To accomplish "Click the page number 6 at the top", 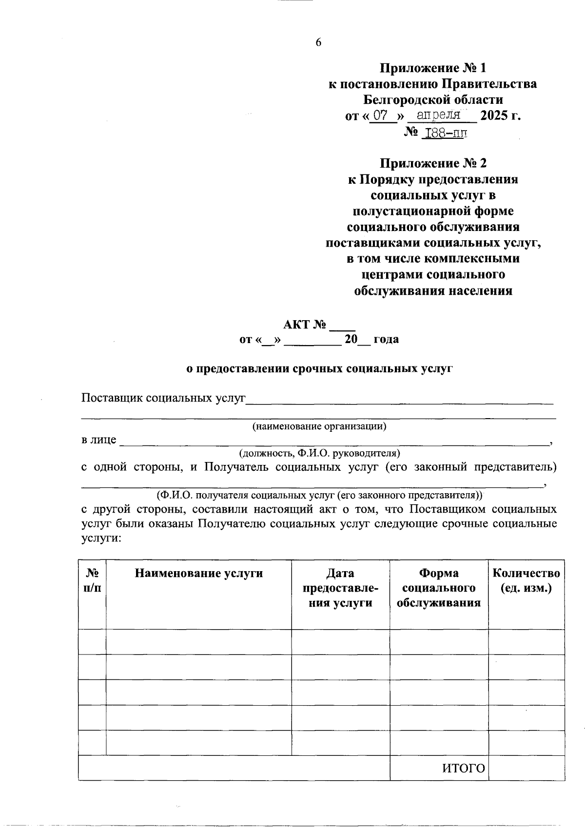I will pyautogui.click(x=318, y=42).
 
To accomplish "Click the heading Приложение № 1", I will pyautogui.click(x=433, y=68).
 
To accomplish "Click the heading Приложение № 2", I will pyautogui.click(x=433, y=163).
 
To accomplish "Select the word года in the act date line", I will pyautogui.click(x=386, y=339).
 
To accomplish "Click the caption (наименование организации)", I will pyautogui.click(x=319, y=426).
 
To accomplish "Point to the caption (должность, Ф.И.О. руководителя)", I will pyautogui.click(x=319, y=453).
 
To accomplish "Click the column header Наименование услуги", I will pyautogui.click(x=198, y=574).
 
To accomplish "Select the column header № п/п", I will pyautogui.click(x=92, y=580).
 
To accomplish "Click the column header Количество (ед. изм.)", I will pyautogui.click(x=526, y=580).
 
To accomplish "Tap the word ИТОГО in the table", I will pyautogui.click(x=464, y=769).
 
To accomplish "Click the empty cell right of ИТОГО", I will pyautogui.click(x=526, y=769).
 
